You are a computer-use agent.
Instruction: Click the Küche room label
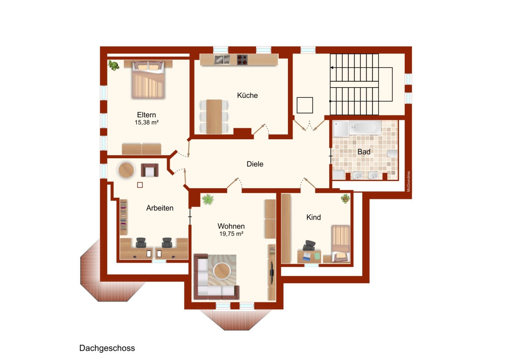click(247, 95)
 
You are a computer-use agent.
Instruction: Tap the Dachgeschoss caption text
click(107, 348)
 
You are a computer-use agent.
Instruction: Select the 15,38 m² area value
click(147, 122)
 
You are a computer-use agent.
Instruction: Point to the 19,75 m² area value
click(231, 234)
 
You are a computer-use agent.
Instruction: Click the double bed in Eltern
click(148, 80)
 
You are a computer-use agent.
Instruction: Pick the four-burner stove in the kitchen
click(242, 60)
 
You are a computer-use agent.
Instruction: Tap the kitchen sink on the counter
click(222, 60)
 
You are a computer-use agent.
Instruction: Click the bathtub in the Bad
click(365, 128)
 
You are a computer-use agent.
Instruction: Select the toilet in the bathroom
click(392, 154)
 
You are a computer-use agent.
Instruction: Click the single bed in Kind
click(340, 243)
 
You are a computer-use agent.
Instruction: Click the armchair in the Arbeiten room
click(150, 170)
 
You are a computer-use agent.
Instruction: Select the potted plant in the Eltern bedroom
click(113, 65)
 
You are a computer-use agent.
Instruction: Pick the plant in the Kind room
click(345, 198)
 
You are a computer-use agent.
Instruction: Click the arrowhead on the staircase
click(332, 68)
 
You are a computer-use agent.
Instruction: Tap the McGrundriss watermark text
click(408, 181)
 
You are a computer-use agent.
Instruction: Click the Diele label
click(255, 164)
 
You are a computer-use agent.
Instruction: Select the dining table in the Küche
click(214, 117)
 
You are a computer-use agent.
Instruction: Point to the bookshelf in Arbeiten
click(123, 217)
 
